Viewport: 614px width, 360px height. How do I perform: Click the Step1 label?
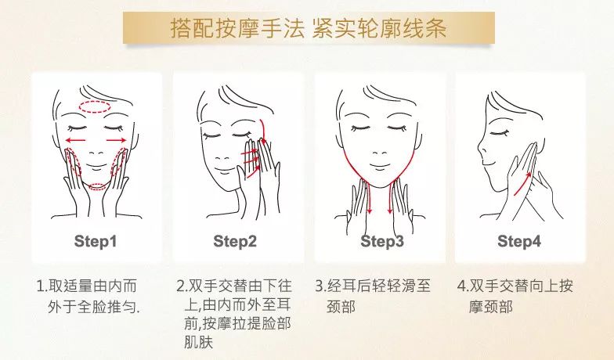point(96,241)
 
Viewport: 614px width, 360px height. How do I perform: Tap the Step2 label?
point(235,241)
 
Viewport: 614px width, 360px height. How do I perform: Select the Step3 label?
point(382,241)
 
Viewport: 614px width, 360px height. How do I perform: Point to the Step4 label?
point(519,241)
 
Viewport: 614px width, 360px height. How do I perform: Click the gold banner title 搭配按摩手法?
point(237,28)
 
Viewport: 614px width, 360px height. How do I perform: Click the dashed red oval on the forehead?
point(96,106)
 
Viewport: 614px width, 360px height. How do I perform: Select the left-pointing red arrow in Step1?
point(75,140)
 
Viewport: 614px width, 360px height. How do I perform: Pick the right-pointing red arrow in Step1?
point(116,140)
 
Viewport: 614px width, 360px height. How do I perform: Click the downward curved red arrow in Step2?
point(264,131)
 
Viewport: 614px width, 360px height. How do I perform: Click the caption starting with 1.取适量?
point(88,297)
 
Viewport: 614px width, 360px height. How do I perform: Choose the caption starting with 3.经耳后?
point(373,297)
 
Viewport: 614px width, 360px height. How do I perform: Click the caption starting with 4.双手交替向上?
point(515,297)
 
